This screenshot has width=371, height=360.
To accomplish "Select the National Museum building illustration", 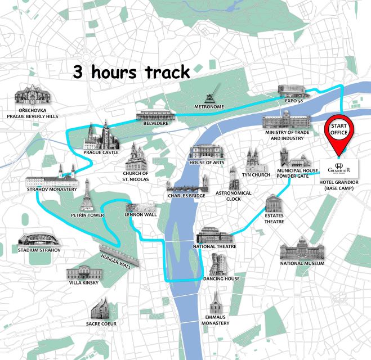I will click(x=302, y=248).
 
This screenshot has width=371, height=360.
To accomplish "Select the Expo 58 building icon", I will click(x=294, y=92).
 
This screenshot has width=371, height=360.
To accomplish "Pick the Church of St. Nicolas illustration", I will click(x=136, y=157).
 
